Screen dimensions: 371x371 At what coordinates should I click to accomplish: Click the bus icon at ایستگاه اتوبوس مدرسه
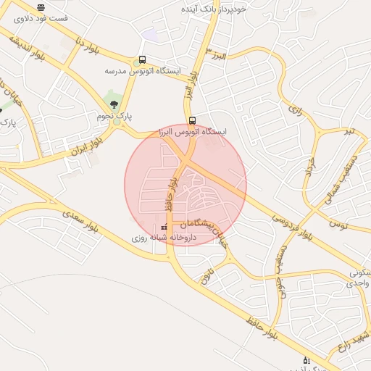pos(142,60)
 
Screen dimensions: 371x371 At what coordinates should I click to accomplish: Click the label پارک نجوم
pos(115,116)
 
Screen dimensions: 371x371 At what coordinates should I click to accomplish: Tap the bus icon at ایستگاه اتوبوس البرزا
pos(191,121)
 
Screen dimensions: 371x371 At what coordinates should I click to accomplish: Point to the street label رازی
pos(293,110)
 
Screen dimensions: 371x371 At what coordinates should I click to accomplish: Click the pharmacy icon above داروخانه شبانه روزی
pos(163,228)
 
